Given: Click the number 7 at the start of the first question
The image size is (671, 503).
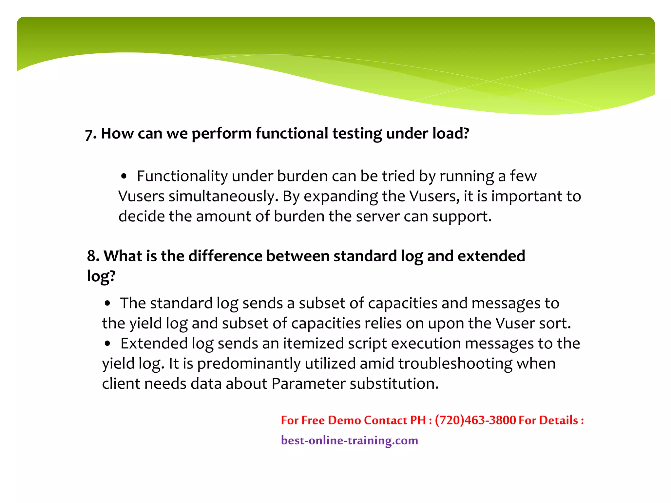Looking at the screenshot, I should pyautogui.click(x=89, y=134).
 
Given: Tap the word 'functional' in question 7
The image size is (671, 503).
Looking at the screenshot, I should pyautogui.click(x=292, y=134).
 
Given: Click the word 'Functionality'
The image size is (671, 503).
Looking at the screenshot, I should pyautogui.click(x=182, y=176).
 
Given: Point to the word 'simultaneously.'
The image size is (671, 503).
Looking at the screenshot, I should pyautogui.click(x=223, y=196).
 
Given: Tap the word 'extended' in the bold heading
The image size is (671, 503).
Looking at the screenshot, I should pyautogui.click(x=491, y=256).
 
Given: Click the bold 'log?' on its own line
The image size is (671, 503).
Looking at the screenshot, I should pyautogui.click(x=101, y=276).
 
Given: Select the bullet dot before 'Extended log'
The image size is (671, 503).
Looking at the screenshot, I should pyautogui.click(x=107, y=344).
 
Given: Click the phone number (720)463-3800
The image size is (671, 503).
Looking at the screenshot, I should pyautogui.click(x=475, y=420).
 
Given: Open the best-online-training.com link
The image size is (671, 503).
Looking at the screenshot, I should pyautogui.click(x=349, y=440).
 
